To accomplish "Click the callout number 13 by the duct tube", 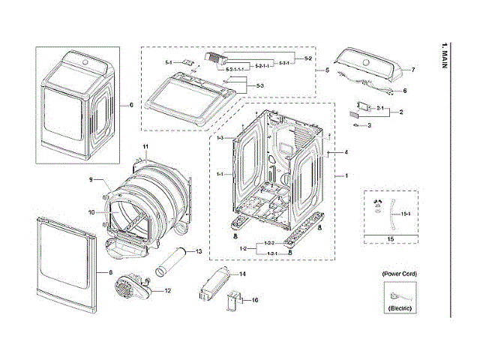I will pos(199,251).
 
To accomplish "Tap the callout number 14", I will pos(242,274).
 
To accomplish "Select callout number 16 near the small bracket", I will pos(255,300).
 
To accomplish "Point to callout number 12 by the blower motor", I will pos(167,290).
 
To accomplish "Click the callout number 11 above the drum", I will pos(146,145).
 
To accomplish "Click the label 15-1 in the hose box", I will pos(406,214).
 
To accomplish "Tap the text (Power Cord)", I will pos(398,274).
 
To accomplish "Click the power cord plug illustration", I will pos(397,293).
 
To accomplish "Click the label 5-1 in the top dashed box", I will pos(169,61).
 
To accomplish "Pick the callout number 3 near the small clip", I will pos(369,126).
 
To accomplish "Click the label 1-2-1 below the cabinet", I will pos(271,253).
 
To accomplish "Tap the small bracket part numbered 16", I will pos(234,303).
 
